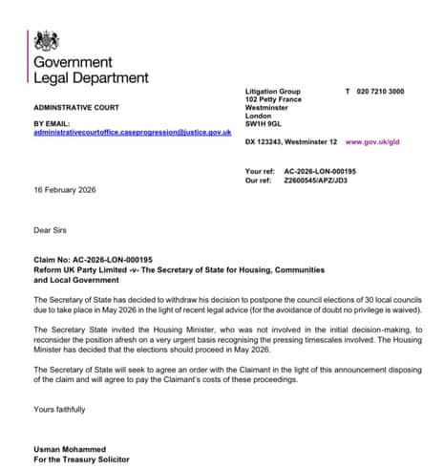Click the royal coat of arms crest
point(45,40)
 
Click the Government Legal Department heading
point(91,70)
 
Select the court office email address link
point(132,131)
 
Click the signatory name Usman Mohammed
point(71,448)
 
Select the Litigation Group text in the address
point(273,90)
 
